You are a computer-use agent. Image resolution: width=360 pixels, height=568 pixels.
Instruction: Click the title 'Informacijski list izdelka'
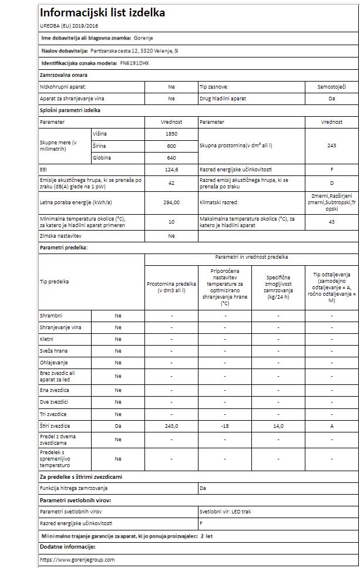[x=102, y=12]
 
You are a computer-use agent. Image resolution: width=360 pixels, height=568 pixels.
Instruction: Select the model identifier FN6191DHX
[x=134, y=63]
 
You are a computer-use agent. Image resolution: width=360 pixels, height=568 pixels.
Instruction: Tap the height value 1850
[x=171, y=134]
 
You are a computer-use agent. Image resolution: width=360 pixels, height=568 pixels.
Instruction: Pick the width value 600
[x=171, y=146]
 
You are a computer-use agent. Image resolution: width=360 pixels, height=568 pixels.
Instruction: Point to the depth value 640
[x=171, y=157]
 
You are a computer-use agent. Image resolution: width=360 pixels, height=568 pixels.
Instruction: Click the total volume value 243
[x=332, y=146]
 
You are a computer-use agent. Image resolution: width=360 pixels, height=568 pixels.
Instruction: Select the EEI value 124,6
[x=171, y=170]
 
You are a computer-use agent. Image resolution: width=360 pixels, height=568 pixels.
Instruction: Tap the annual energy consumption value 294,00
[x=171, y=202]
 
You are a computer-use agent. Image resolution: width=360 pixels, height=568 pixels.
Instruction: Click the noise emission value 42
[x=171, y=183]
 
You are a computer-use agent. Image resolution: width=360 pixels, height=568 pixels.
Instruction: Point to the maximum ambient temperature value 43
[x=332, y=221]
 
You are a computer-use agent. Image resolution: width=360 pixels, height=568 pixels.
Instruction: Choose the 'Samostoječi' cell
[x=332, y=86]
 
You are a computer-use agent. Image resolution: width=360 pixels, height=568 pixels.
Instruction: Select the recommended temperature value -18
[x=224, y=425]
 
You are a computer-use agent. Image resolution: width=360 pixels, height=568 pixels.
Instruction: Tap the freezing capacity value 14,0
[x=277, y=425]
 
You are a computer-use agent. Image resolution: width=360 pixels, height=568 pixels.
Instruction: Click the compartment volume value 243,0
[x=171, y=425]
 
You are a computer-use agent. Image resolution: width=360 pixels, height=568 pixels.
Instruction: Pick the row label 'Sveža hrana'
[x=53, y=351]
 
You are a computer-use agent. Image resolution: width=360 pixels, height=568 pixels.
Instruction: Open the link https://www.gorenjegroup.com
[x=77, y=560]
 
